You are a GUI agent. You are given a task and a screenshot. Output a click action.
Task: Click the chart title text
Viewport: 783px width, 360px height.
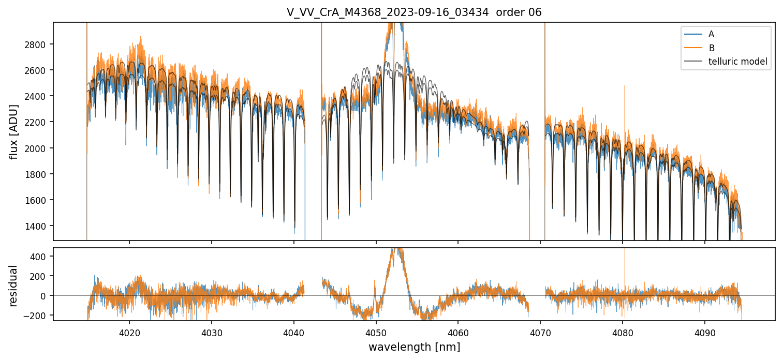(414, 12)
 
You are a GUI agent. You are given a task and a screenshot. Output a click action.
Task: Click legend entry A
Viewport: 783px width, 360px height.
(711, 34)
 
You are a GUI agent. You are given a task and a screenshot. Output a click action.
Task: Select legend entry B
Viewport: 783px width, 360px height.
(711, 48)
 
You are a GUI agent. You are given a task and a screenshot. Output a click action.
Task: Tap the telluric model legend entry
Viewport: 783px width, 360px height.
(737, 63)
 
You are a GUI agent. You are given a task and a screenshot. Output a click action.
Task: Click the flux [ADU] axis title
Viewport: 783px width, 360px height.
(14, 131)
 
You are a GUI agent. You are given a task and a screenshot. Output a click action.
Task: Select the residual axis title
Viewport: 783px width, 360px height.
(14, 286)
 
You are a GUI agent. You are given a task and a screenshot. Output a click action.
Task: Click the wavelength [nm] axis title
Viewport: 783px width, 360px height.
(414, 347)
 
